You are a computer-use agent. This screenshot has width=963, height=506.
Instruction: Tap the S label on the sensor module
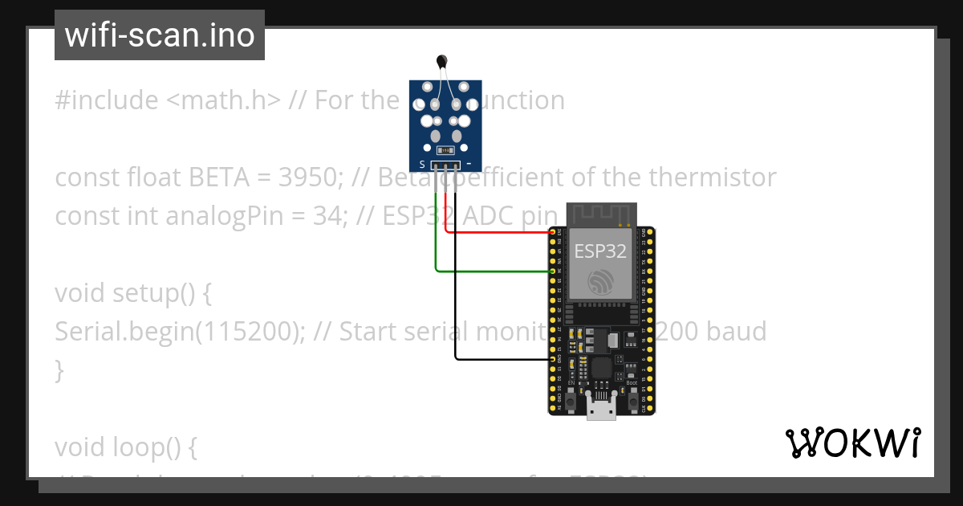422,164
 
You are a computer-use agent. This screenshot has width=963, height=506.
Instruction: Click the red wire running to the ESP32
498,233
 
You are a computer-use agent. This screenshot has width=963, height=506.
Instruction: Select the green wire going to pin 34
490,271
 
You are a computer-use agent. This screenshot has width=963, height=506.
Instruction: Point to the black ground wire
498,358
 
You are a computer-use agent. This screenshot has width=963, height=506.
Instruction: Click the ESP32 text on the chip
600,251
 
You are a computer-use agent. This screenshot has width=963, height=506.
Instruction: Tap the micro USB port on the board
601,408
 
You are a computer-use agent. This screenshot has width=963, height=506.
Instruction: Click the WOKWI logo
852,443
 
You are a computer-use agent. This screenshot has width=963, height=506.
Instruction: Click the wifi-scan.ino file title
160,35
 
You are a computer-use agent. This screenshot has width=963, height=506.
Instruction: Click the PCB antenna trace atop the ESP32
602,214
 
